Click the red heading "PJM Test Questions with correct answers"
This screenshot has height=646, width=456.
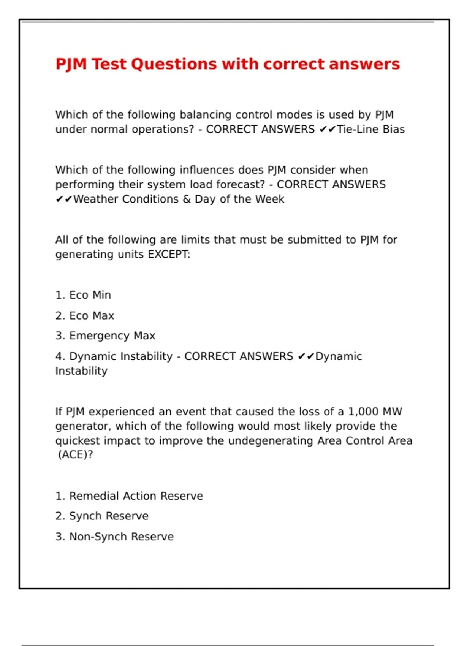tap(228, 64)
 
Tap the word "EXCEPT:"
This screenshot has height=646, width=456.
tap(169, 254)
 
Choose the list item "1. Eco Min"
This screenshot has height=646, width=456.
tap(83, 295)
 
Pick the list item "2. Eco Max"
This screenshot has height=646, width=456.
tap(85, 315)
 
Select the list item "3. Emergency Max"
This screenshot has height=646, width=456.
tap(105, 336)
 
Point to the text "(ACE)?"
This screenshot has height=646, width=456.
tap(75, 454)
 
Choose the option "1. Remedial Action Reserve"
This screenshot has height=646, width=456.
tap(129, 496)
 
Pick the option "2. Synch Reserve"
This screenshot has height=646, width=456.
tap(102, 516)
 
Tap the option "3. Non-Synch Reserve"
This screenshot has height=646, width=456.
tap(114, 537)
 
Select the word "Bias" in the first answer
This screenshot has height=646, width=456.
tap(394, 129)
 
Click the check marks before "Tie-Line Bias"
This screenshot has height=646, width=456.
tap(327, 130)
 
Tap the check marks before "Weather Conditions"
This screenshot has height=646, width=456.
tap(64, 199)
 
